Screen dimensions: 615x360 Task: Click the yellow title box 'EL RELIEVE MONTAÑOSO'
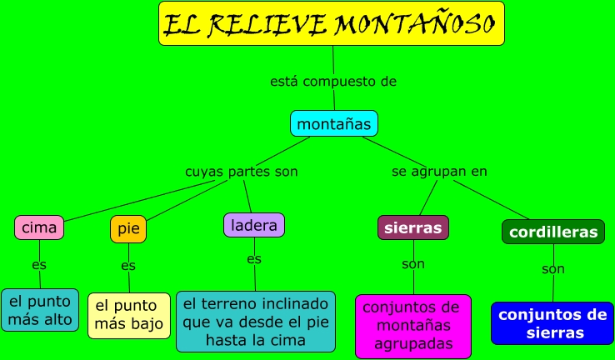[332, 23]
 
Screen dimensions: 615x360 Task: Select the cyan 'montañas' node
[334, 123]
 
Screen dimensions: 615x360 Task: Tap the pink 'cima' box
[39, 227]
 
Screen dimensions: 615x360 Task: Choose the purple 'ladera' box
[254, 225]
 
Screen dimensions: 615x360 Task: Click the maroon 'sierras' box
[412, 227]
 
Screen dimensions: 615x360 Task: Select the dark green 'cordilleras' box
[552, 232]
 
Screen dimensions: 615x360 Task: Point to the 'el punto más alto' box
[40, 310]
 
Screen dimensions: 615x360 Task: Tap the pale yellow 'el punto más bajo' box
[129, 315]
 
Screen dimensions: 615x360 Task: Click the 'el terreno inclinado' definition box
[256, 322]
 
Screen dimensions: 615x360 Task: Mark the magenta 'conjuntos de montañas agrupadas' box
[413, 325]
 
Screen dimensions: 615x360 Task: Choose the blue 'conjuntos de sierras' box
[551, 323]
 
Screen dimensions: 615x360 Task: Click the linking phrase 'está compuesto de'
[333, 82]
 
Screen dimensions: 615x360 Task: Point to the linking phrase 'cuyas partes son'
[241, 171]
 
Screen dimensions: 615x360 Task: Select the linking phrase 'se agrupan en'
[439, 171]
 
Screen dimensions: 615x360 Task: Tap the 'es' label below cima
[39, 265]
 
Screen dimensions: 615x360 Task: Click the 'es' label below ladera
[254, 259]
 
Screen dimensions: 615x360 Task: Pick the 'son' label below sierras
[413, 264]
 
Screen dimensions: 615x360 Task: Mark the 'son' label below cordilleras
[553, 269]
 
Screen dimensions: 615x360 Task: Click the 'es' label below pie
[128, 266]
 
